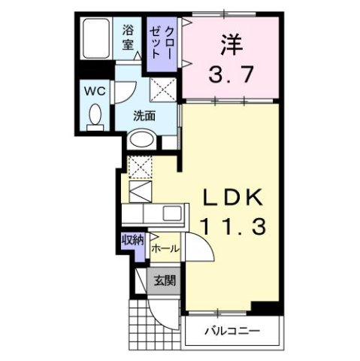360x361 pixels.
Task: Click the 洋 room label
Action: pyautogui.click(x=231, y=44)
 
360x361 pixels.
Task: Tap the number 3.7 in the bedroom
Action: pyautogui.click(x=231, y=74)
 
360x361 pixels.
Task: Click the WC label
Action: pyautogui.click(x=93, y=89)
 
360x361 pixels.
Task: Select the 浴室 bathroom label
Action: pyautogui.click(x=129, y=38)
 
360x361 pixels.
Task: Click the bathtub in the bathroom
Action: pyautogui.click(x=97, y=39)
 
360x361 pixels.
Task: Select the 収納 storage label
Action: pyautogui.click(x=132, y=241)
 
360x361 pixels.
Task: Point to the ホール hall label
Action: pyautogui.click(x=165, y=246)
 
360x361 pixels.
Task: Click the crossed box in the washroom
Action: pyautogui.click(x=162, y=91)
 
